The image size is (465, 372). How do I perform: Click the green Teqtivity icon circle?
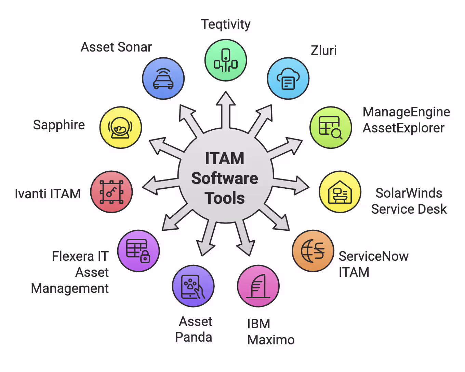pyautogui.click(x=226, y=60)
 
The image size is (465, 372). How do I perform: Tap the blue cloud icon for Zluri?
pyautogui.click(x=288, y=78)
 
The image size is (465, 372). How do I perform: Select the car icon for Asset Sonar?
pyautogui.click(x=163, y=78)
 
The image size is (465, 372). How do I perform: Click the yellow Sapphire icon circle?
pyautogui.click(x=120, y=128)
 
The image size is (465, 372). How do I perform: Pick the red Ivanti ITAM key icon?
pyautogui.click(x=111, y=192)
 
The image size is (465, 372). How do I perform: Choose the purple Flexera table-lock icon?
pyautogui.click(x=138, y=251)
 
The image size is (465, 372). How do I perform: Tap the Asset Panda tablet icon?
pyautogui.click(x=193, y=286)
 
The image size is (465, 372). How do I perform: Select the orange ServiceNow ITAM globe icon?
pyautogui.click(x=313, y=251)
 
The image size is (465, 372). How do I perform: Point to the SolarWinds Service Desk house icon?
pyautogui.click(x=340, y=192)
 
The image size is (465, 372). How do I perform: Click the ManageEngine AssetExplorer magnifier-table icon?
pyautogui.click(x=331, y=128)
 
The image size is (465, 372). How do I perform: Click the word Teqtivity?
pyautogui.click(x=226, y=25)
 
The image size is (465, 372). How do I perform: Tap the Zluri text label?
pyautogui.click(x=323, y=51)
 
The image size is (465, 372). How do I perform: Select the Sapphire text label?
pyautogui.click(x=59, y=125)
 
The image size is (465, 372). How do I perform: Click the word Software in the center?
pyautogui.click(x=225, y=178)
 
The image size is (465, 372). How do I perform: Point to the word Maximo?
pyautogui.click(x=271, y=340)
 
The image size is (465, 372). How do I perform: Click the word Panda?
pyautogui.click(x=194, y=337)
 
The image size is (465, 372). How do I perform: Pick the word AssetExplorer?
pyautogui.click(x=403, y=128)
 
